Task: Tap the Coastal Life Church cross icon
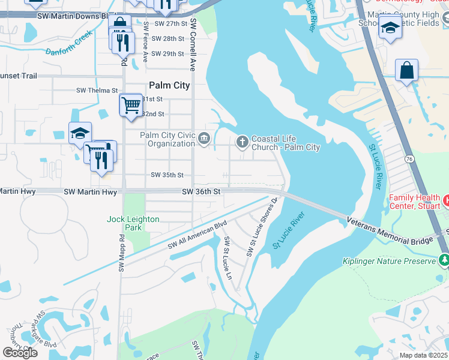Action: tap(243, 142)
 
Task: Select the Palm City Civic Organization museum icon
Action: tap(204, 139)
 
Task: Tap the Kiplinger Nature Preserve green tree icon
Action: tap(444, 260)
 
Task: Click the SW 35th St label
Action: tap(167, 175)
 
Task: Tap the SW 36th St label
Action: tap(202, 191)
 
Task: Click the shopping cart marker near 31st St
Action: tap(130, 105)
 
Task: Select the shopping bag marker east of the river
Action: tap(406, 70)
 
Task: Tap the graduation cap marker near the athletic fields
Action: tap(390, 28)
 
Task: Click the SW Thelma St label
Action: tap(97, 91)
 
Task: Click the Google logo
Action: tap(20, 353)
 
